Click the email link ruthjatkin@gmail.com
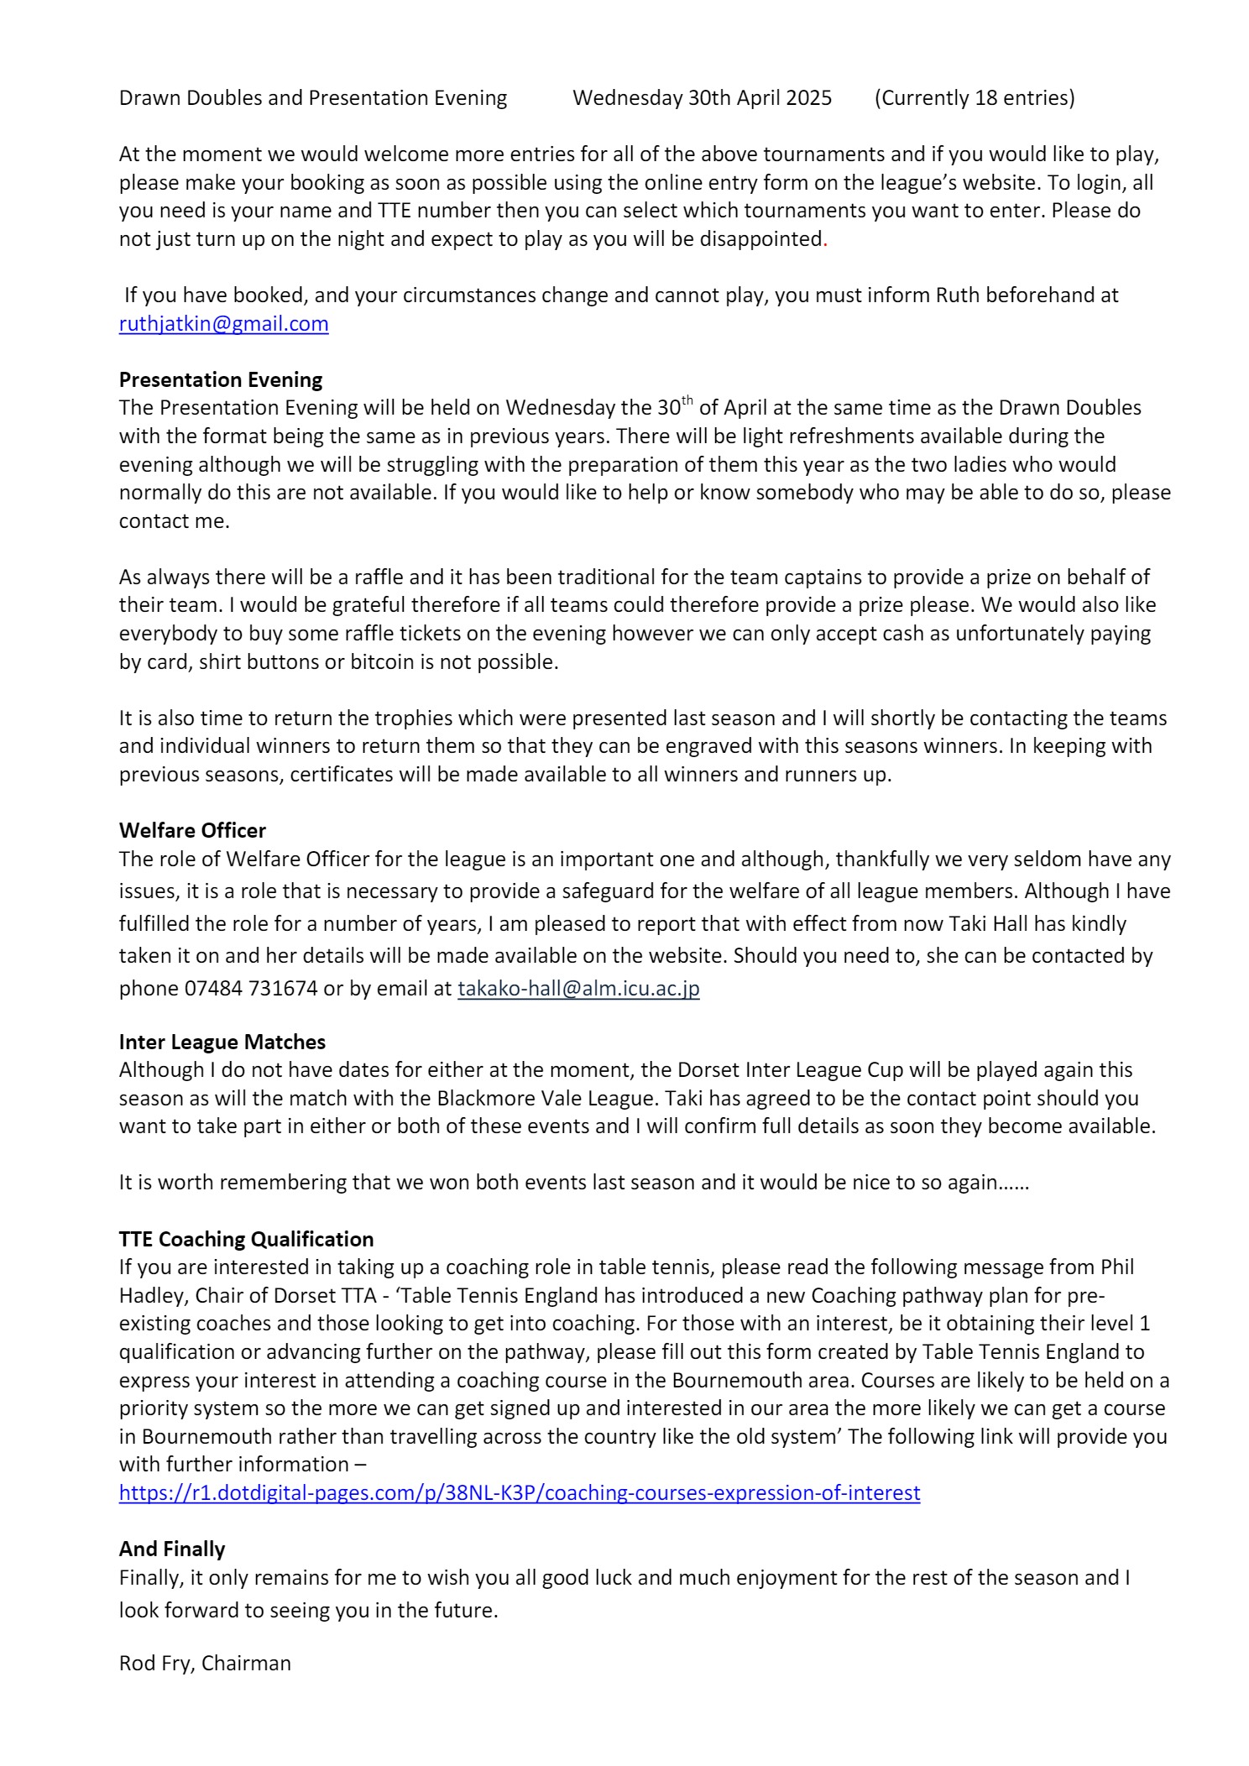pos(223,324)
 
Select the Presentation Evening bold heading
pos(221,380)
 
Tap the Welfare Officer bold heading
pos(192,831)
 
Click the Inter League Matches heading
pos(222,1042)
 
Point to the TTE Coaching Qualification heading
pos(246,1240)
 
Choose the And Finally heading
pos(172,1549)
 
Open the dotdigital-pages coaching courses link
pos(519,1493)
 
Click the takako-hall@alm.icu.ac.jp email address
pos(578,989)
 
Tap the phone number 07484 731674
pos(251,989)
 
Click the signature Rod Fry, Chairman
pos(205,1664)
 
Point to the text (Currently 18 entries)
pos(975,98)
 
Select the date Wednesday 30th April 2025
pos(702,98)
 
